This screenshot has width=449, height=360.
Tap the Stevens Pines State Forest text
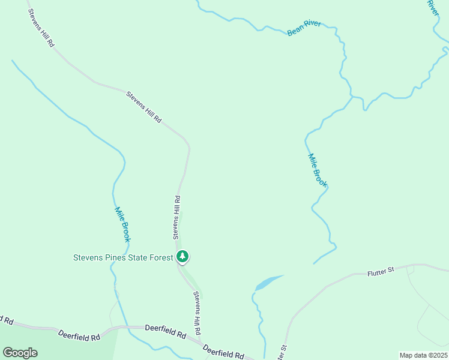pos(123,258)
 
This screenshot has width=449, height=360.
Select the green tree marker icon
pos(182,257)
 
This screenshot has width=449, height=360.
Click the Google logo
pos(20,353)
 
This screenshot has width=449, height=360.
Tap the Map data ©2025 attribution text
pos(423,355)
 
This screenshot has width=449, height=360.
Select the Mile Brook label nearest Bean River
pos(317,170)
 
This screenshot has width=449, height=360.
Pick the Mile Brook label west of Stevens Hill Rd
pos(122,224)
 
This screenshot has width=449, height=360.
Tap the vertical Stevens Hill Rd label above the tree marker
pos(177,217)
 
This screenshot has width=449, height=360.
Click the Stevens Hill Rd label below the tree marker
pos(196,313)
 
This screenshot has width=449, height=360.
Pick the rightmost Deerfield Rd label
pos(223,352)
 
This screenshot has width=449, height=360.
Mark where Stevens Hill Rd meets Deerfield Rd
pos(200,341)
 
